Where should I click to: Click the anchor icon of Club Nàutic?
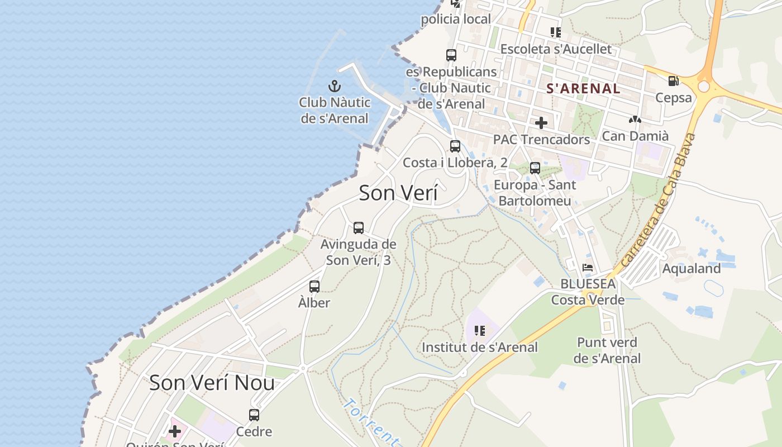[x=334, y=86]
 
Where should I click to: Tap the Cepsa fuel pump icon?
[x=673, y=81]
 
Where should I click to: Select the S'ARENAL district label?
[x=583, y=88]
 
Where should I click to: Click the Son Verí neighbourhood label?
[x=398, y=193]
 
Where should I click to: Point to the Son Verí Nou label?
[x=212, y=383]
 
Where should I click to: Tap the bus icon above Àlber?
[x=314, y=287]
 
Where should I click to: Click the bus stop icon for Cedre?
[x=254, y=415]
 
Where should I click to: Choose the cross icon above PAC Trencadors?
[x=541, y=123]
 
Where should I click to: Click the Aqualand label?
[x=691, y=268]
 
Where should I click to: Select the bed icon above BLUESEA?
[x=588, y=268]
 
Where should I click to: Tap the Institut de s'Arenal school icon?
[x=479, y=331]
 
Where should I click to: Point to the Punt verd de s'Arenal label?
[x=607, y=350]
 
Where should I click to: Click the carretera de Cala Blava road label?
[x=660, y=199]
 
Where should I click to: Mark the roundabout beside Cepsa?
[x=703, y=87]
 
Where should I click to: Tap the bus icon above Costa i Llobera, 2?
[x=455, y=146]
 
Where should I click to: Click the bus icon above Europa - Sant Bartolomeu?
[x=535, y=168]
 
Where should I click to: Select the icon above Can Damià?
[x=635, y=120]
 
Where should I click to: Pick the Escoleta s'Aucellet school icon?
[x=555, y=32]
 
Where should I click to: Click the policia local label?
[x=456, y=20]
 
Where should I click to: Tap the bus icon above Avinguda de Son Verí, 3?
[x=359, y=228]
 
